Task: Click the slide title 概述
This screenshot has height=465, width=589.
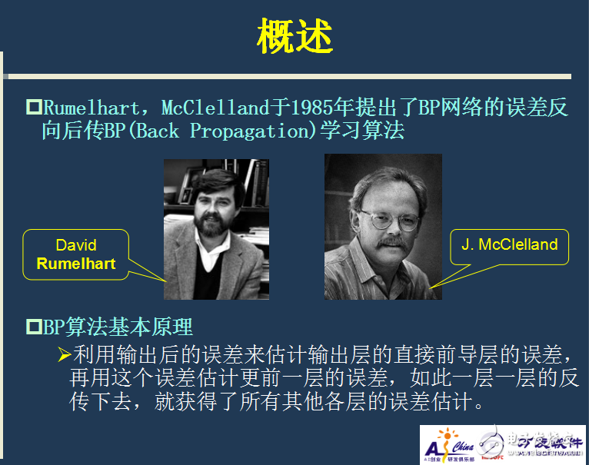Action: click(294, 37)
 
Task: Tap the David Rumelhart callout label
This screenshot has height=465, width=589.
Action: click(75, 254)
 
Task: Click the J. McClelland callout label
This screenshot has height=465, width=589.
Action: click(509, 245)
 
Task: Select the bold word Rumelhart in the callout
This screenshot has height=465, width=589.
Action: click(75, 264)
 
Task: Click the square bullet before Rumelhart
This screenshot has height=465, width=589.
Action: click(34, 107)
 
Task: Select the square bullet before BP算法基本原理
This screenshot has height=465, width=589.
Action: click(34, 327)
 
